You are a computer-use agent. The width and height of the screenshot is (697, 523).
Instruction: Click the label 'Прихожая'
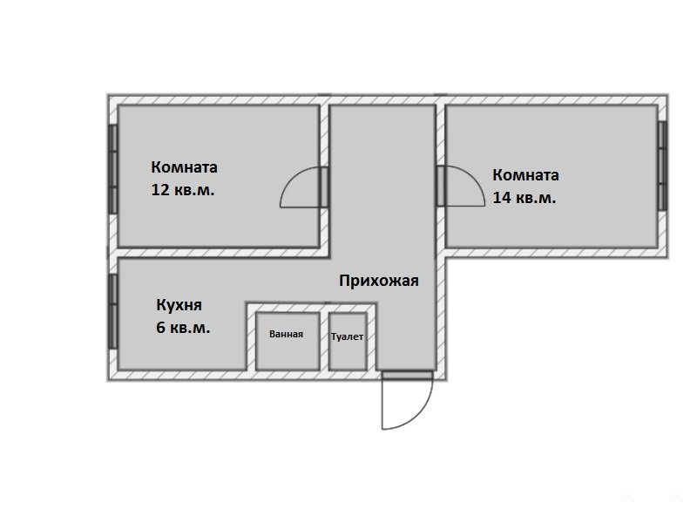point(379,281)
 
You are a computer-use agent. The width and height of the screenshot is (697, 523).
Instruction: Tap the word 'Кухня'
point(179,305)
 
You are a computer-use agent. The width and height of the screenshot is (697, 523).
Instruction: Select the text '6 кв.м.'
point(183,328)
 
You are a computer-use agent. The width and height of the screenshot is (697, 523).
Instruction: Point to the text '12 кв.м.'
point(183,190)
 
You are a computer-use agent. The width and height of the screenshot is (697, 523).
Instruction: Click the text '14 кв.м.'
point(524,198)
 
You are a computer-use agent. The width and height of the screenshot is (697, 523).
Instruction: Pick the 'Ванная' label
point(287,334)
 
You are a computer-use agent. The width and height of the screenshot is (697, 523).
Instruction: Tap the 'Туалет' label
point(347,336)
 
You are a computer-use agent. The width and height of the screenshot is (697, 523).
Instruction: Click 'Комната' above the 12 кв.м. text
point(184,167)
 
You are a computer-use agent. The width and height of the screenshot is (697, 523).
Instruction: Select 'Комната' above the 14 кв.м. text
point(525,175)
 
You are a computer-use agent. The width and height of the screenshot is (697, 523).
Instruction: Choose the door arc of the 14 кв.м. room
point(473,177)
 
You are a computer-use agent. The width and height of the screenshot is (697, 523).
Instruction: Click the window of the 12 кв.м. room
point(113,169)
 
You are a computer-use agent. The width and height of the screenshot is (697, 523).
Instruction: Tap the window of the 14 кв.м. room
point(662,166)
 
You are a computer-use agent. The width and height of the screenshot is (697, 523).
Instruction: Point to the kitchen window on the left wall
point(113,311)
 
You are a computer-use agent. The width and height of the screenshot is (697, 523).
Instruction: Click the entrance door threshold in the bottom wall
point(407,376)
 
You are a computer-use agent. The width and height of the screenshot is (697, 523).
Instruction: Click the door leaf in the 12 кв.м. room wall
point(324,187)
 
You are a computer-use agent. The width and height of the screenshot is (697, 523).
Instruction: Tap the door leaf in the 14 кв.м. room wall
point(441,186)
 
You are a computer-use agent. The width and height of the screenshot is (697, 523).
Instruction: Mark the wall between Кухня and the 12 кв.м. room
point(219,253)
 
